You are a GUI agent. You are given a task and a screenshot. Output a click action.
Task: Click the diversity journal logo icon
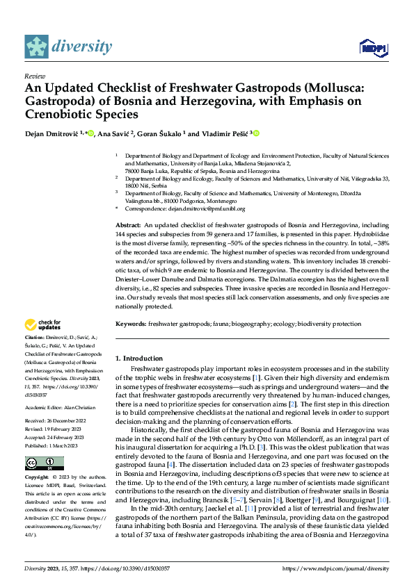point(36,47)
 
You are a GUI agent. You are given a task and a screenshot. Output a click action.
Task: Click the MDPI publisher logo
point(372,47)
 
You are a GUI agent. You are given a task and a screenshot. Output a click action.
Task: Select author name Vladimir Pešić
point(226,133)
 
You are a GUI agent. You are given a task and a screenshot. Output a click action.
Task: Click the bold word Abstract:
point(128,226)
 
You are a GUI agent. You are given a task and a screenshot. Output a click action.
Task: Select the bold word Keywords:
point(130,324)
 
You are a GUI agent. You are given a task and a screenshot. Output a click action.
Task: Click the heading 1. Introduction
point(138,359)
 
